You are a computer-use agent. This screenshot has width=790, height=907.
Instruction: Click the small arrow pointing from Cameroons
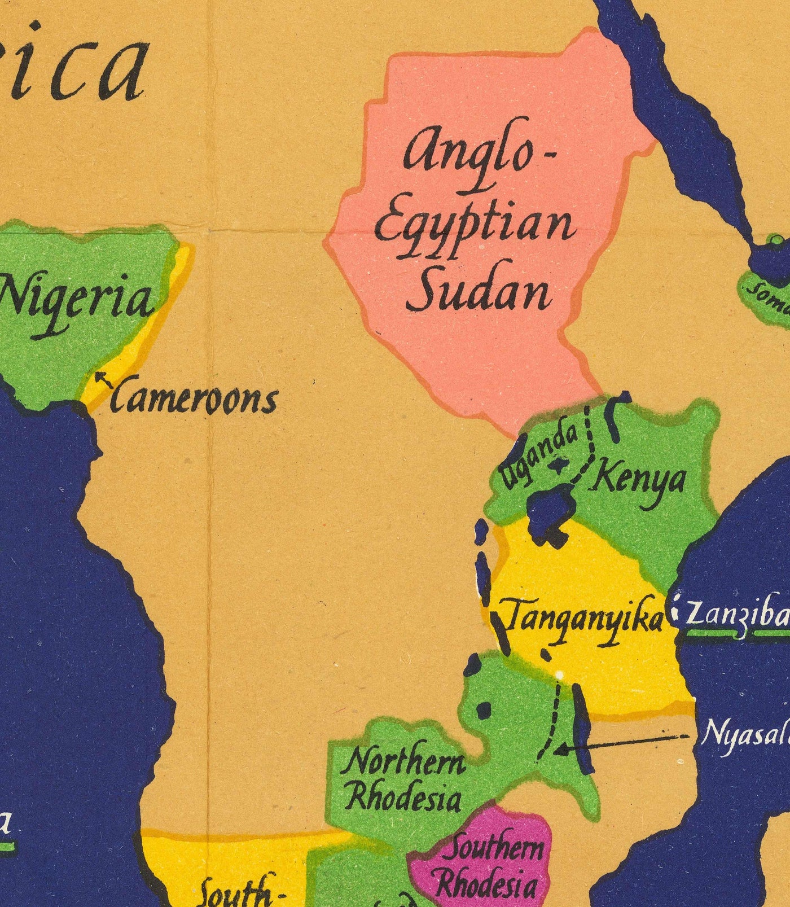pyautogui.click(x=103, y=379)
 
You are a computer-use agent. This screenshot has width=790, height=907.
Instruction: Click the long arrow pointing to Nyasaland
pyautogui.click(x=621, y=743)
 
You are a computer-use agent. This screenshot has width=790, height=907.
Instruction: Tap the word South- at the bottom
pyautogui.click(x=243, y=895)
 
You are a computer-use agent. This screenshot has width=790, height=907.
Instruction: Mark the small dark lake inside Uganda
pyautogui.click(x=559, y=464)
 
